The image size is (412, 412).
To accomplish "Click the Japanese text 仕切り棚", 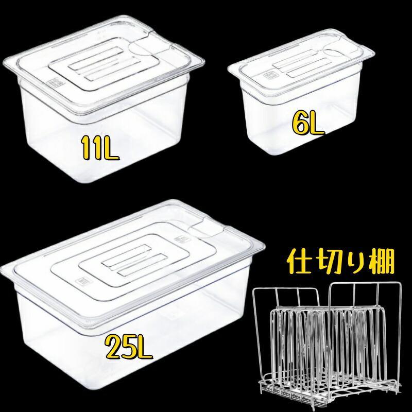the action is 341,262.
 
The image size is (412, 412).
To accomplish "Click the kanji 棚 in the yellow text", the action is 381,262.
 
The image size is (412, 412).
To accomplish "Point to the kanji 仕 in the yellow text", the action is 299,262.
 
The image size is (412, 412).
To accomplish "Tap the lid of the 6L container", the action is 301,64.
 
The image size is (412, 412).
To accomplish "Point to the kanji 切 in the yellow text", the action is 326,262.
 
